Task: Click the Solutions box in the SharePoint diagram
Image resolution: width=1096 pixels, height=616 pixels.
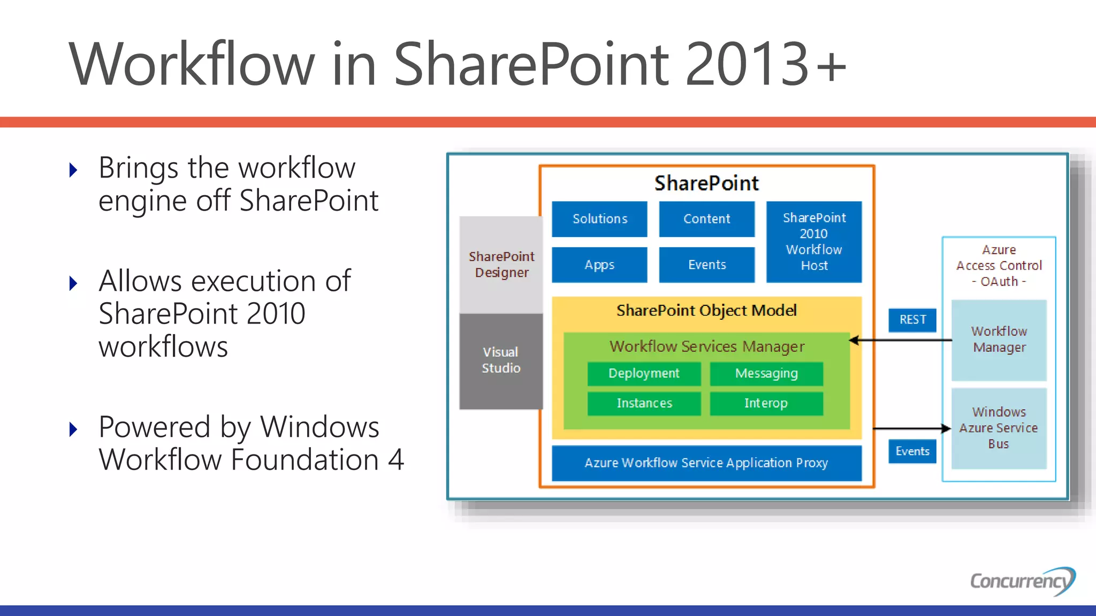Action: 599,219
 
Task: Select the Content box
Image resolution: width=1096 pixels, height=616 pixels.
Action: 706,219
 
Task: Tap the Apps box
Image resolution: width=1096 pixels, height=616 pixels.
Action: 599,265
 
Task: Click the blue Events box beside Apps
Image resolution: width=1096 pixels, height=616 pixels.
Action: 706,265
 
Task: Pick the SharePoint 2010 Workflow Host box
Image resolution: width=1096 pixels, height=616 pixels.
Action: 814,242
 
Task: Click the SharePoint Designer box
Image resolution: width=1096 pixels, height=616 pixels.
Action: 501,265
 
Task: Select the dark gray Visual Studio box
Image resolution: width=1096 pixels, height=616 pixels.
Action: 501,360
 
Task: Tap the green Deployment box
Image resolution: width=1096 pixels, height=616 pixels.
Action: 644,373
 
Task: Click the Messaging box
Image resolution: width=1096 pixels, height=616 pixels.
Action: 766,373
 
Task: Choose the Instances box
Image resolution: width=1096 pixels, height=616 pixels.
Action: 644,403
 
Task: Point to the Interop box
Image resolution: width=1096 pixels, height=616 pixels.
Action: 766,403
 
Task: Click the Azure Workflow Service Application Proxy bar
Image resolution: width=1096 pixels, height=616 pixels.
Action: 706,463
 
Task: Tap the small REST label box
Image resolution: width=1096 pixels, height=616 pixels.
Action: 912,320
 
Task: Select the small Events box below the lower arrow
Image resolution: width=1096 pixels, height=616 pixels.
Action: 912,451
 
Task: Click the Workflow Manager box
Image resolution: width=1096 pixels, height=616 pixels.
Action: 999,340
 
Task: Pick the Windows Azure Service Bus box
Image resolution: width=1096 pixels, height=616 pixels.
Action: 999,428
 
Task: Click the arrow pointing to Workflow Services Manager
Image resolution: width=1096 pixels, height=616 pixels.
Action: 901,340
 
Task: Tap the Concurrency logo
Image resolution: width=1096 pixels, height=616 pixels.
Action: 1022,581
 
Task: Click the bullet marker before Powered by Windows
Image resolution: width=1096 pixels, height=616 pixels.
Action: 74,429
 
